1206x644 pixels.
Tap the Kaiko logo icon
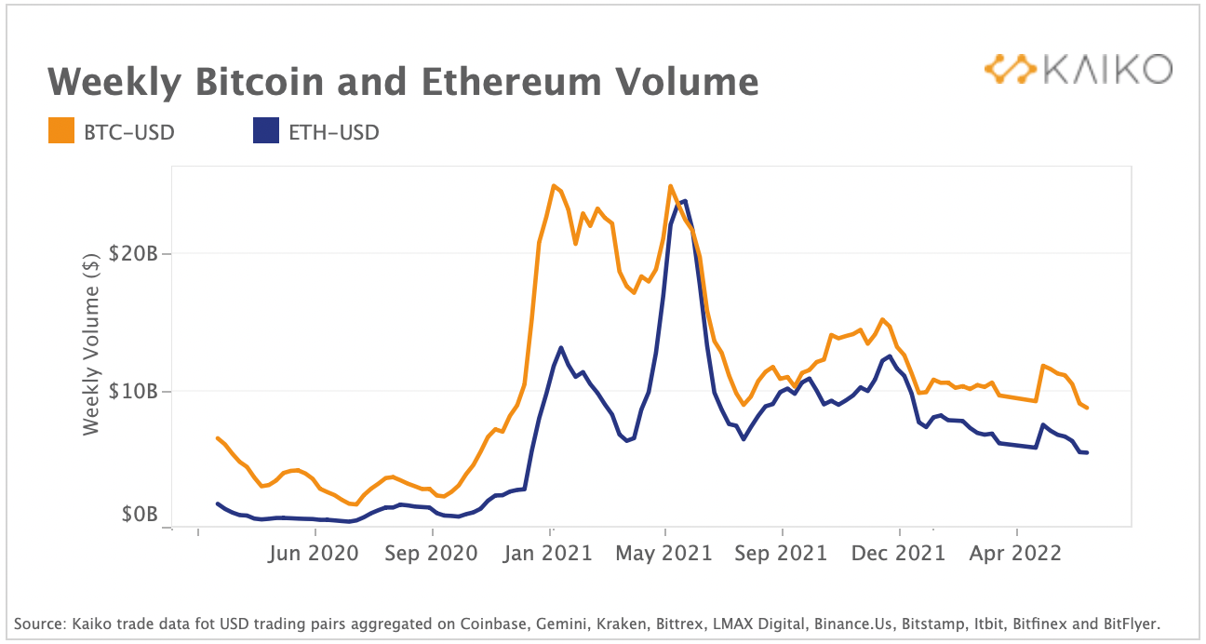1011,69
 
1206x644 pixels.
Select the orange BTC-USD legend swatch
60,132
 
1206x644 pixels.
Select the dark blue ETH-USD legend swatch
265,132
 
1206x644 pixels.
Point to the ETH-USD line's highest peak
685,201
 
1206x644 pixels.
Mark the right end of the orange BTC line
1087,408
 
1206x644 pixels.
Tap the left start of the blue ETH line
217,503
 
